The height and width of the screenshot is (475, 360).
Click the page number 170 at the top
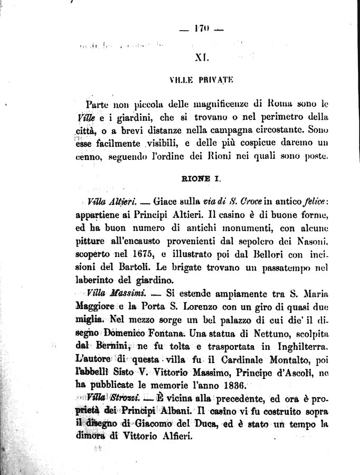coord(202,31)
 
